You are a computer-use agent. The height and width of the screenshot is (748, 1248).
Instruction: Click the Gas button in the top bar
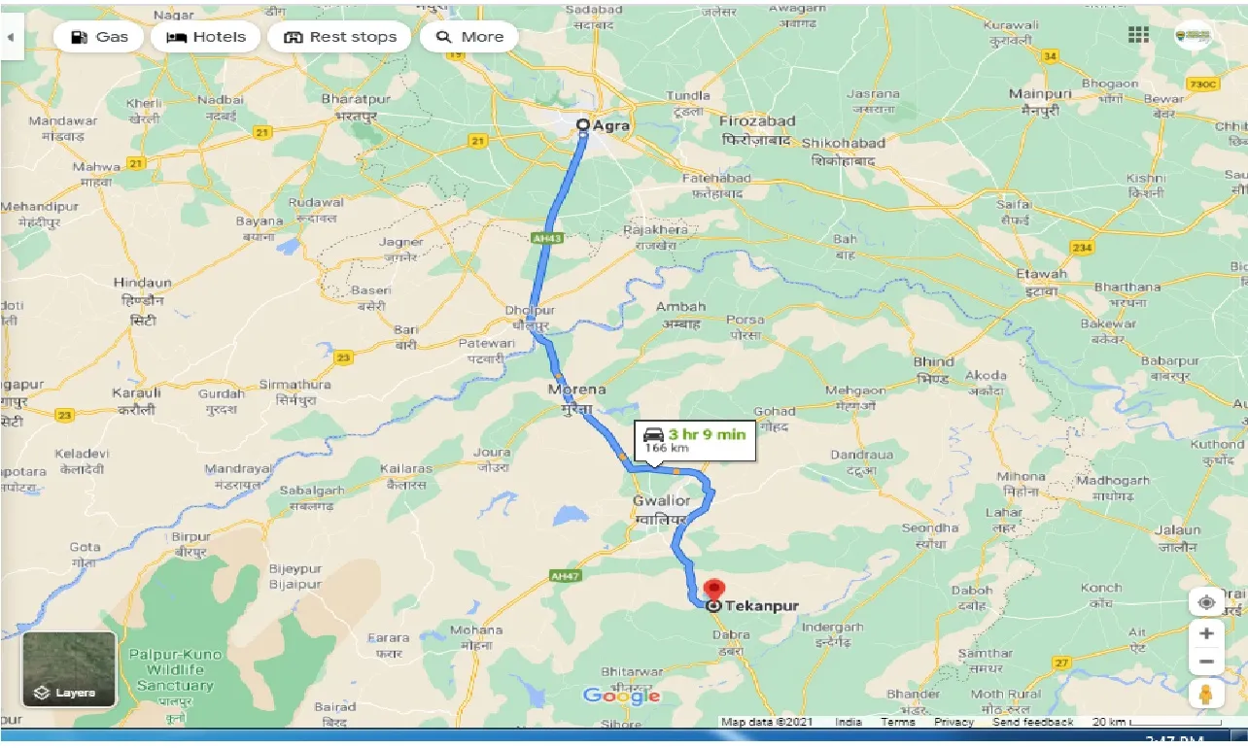tap(98, 37)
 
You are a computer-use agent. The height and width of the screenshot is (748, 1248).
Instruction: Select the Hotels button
tap(206, 37)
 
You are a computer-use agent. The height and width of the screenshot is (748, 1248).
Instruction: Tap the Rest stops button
tap(339, 37)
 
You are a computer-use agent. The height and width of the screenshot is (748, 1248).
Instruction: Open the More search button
tap(469, 37)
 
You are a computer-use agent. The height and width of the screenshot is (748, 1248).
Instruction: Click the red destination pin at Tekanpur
tap(714, 590)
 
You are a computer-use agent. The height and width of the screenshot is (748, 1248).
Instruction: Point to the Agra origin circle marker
tap(583, 125)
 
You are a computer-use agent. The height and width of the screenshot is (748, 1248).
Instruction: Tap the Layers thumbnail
tap(69, 669)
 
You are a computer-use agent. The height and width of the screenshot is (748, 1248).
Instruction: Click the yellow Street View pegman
tap(1205, 694)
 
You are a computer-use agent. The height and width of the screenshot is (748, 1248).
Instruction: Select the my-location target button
tap(1205, 602)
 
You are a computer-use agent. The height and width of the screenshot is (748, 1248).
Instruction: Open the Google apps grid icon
tap(1138, 35)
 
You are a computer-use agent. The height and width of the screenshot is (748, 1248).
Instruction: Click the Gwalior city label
tap(661, 501)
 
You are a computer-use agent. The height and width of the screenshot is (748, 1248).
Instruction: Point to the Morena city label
tap(576, 390)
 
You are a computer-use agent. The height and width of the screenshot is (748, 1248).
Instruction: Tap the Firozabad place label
tap(757, 121)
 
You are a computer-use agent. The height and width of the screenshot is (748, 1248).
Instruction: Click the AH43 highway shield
tap(548, 236)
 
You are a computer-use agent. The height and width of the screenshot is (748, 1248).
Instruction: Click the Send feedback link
tap(1033, 722)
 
